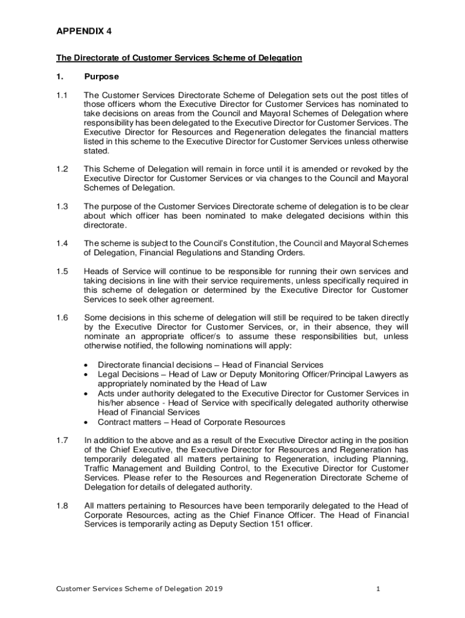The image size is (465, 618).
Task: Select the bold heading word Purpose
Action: [x=101, y=77]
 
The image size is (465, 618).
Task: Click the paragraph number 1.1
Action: [x=62, y=95]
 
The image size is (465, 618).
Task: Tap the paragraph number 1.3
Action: [x=62, y=207]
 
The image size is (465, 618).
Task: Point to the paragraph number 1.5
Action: [x=62, y=271]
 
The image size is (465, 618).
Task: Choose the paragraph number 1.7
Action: [x=62, y=441]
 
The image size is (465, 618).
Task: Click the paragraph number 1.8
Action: [x=62, y=505]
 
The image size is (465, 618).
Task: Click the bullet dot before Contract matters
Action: [x=89, y=422]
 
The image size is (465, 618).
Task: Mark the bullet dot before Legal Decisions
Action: [x=89, y=374]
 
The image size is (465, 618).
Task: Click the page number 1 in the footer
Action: [x=377, y=589]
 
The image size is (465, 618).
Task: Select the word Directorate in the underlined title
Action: [x=98, y=58]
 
